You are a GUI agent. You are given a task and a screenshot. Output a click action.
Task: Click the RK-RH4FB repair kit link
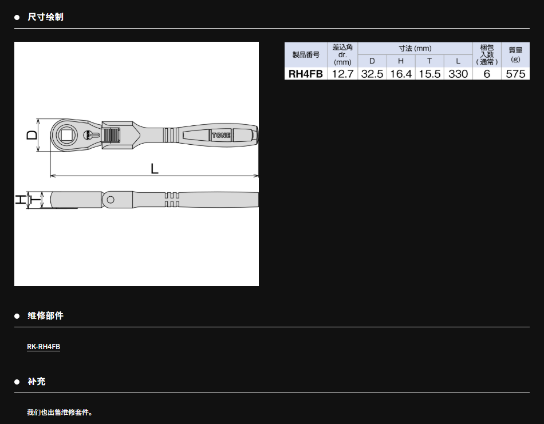tap(44, 346)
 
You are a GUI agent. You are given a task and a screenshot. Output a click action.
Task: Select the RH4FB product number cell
tap(306, 74)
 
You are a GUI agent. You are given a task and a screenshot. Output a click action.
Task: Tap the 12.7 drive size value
tap(342, 74)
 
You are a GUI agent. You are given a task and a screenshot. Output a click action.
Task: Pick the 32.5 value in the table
tap(372, 74)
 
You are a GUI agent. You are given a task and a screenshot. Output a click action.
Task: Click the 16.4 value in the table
tap(401, 74)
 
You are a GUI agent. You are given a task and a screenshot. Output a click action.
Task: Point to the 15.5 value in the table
tap(429, 74)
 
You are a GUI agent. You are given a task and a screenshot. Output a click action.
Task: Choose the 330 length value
tap(458, 74)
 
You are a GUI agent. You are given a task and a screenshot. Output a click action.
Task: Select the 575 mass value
tap(515, 74)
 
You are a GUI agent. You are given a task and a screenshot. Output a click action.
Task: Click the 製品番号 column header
tap(306, 54)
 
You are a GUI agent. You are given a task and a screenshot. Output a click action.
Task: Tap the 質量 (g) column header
tap(515, 54)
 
